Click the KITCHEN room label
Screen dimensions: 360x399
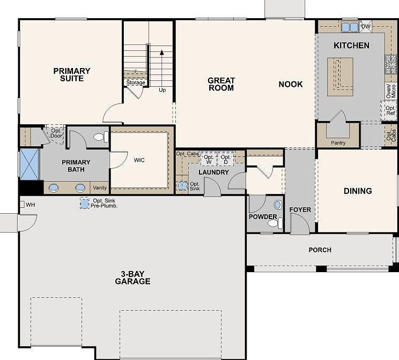pos(351,46)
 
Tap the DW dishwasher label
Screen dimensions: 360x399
pos(366,26)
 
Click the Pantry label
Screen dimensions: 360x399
pos(338,143)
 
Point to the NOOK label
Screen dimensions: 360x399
pos(290,84)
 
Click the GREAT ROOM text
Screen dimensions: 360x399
pos(221,84)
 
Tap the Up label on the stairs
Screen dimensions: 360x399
pos(162,90)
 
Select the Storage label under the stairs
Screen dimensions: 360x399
pos(136,82)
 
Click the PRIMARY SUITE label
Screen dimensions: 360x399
pos(71,74)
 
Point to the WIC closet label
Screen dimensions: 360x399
pos(139,160)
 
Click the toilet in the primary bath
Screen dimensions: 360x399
pos(99,137)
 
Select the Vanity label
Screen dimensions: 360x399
pos(100,187)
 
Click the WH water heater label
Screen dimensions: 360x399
pos(30,204)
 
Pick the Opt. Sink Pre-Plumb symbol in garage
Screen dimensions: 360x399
pos(84,204)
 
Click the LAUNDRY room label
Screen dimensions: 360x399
pos(213,172)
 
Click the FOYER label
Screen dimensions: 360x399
pos(300,209)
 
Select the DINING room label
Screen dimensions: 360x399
pos(358,191)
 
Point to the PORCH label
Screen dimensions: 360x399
pos(320,250)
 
